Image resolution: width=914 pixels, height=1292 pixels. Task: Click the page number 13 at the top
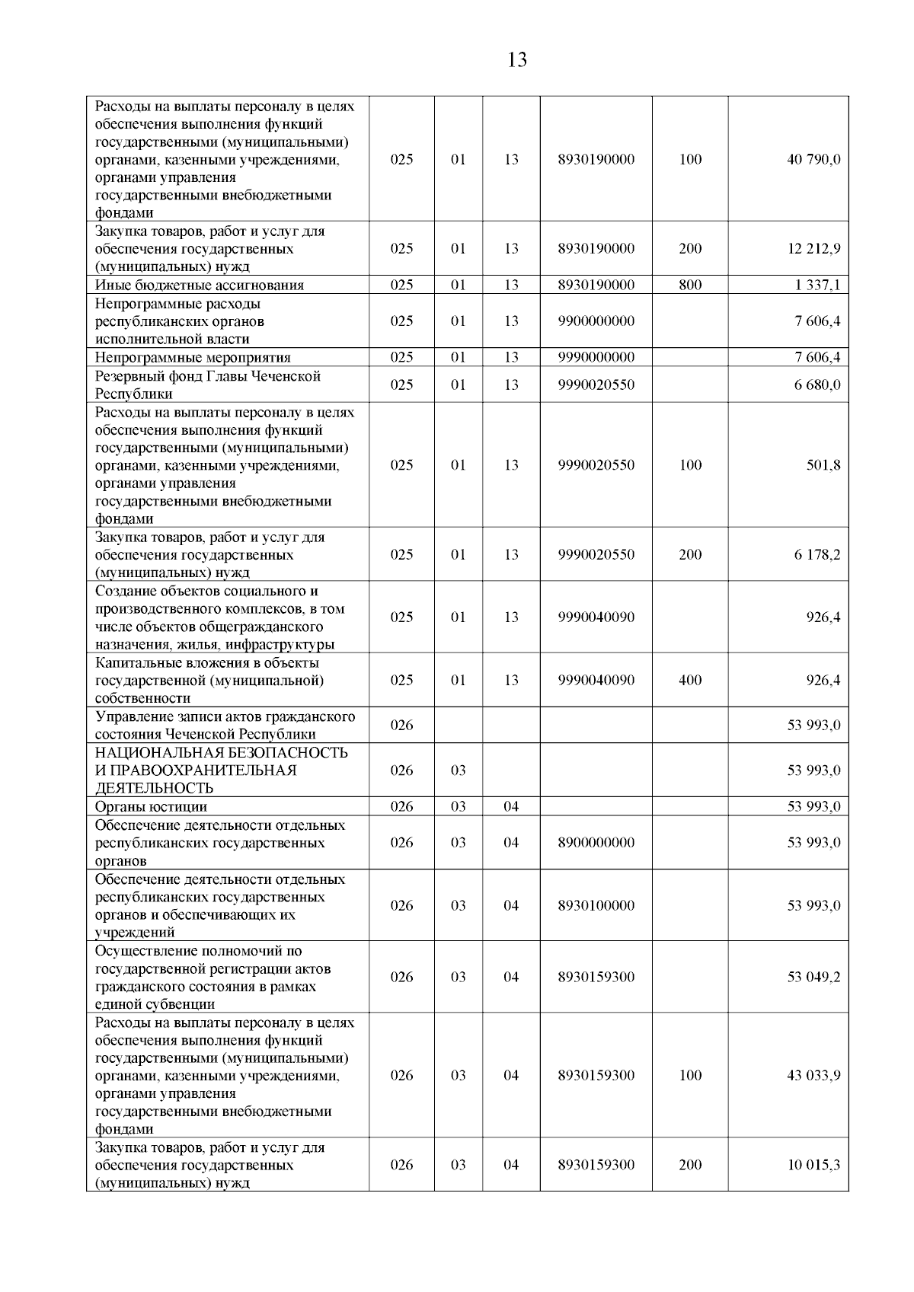pyautogui.click(x=516, y=60)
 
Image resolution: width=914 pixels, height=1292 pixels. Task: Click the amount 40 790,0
pyautogui.click(x=813, y=159)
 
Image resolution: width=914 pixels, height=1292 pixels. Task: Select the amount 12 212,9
pyautogui.click(x=813, y=248)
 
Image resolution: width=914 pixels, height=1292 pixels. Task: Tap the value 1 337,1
pyautogui.click(x=817, y=285)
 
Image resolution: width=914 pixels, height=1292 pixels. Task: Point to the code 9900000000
pyautogui.click(x=596, y=321)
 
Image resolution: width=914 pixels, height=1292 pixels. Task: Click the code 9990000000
pyautogui.click(x=596, y=357)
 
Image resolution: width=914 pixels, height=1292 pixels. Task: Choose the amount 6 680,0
pyautogui.click(x=817, y=384)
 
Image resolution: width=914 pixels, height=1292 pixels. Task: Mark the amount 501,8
pyautogui.click(x=823, y=464)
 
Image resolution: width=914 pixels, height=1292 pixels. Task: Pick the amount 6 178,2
pyautogui.click(x=817, y=554)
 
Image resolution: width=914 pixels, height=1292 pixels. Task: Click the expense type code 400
pyautogui.click(x=690, y=680)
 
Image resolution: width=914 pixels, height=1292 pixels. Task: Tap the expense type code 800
pyautogui.click(x=690, y=285)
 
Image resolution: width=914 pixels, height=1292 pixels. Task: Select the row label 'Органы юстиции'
pyautogui.click(x=151, y=806)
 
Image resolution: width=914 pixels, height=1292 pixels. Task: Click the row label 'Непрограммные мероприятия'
pyautogui.click(x=193, y=357)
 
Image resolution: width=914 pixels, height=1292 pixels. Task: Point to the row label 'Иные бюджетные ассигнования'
pyautogui.click(x=200, y=285)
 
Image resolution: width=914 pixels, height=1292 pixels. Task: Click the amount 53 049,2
pyautogui.click(x=813, y=977)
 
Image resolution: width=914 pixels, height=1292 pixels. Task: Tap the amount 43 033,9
pyautogui.click(x=813, y=1075)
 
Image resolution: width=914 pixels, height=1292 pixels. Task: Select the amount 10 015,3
pyautogui.click(x=813, y=1164)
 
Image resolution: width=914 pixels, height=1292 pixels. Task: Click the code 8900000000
pyautogui.click(x=596, y=842)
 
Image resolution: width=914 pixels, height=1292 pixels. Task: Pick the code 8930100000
pyautogui.click(x=596, y=905)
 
